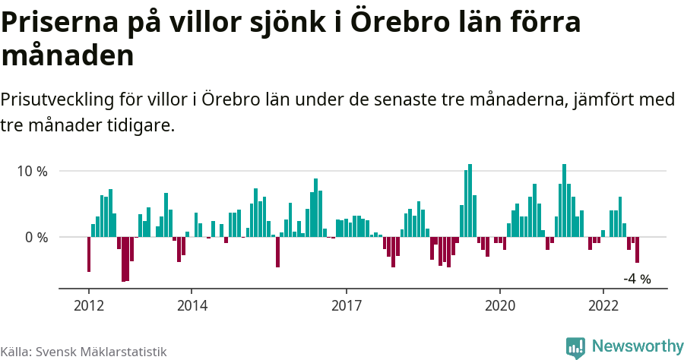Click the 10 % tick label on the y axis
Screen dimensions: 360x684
(x=32, y=171)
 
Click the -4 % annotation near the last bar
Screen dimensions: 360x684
(x=637, y=279)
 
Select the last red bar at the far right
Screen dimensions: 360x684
(x=637, y=250)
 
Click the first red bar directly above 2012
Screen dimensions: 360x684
(x=89, y=254)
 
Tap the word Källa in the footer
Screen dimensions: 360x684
(x=14, y=352)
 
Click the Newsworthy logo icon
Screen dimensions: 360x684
(x=575, y=347)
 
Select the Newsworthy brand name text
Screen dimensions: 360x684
(x=638, y=346)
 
